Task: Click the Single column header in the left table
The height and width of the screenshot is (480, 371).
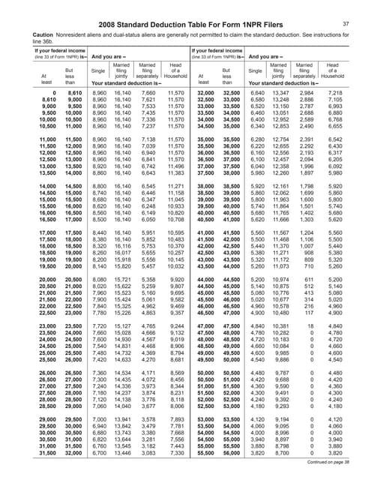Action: (x=98, y=72)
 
